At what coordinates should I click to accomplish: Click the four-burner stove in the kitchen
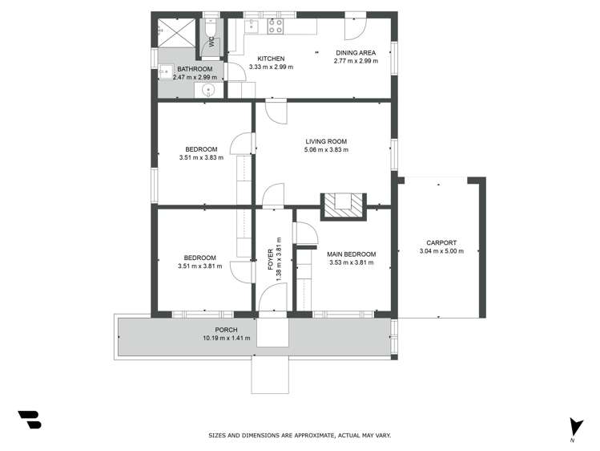[275, 26]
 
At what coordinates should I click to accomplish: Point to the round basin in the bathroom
[208, 89]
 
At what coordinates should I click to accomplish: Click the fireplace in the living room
[343, 205]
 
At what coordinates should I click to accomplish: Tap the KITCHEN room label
[271, 59]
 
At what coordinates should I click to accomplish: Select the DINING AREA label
[356, 53]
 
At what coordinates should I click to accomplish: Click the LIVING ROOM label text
[326, 141]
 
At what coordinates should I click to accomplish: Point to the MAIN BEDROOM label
[352, 254]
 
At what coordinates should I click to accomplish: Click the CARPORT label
[441, 242]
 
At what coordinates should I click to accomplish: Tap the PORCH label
[227, 330]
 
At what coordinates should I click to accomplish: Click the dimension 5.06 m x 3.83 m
[326, 150]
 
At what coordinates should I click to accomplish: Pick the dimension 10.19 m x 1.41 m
[227, 338]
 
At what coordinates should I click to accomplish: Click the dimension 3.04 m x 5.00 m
[441, 251]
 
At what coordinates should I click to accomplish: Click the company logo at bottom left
[29, 419]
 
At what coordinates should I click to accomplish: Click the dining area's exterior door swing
[354, 27]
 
